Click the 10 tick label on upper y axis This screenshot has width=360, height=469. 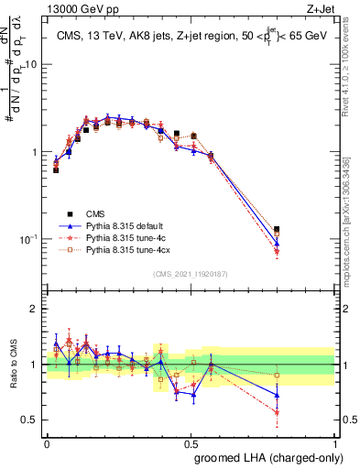point(31,65)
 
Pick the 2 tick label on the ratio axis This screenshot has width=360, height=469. point(36,309)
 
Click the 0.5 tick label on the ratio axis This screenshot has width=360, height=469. point(32,420)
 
